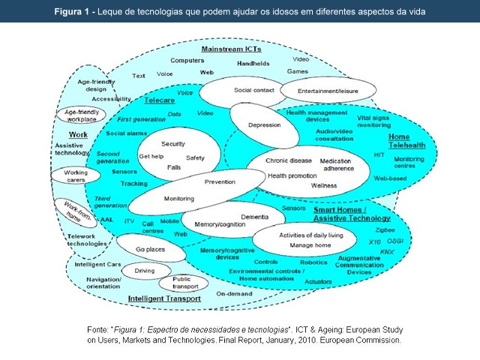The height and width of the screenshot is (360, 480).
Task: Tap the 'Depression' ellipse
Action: coord(263,124)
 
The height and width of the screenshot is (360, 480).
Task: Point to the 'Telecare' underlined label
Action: coord(159,99)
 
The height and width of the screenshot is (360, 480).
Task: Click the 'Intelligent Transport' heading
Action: coord(163,298)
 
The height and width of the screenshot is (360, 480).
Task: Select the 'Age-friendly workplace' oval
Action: coord(80,115)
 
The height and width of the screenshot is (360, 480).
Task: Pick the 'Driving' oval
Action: coord(144,271)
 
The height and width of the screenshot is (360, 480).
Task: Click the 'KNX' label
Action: coord(386,252)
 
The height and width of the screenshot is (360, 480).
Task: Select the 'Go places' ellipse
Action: coord(151,248)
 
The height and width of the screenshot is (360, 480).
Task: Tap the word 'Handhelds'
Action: coord(253,64)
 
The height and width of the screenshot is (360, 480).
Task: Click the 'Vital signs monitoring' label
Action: coord(373,121)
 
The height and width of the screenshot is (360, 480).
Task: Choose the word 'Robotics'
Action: coord(313,262)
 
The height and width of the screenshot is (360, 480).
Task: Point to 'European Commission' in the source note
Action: coord(358,340)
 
